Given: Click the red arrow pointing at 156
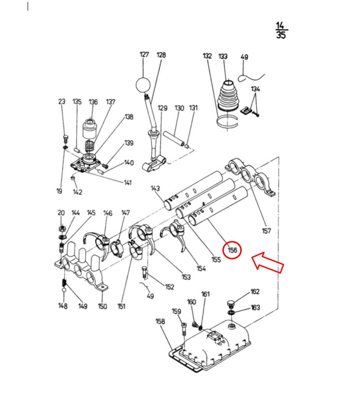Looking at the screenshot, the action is point(268,263).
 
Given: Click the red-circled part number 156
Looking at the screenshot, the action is point(232,250).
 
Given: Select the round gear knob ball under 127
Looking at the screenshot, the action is point(144,85).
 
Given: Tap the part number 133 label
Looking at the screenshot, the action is point(223,56).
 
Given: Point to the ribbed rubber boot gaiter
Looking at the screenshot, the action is point(228,96).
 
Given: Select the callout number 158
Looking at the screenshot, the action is point(160,321).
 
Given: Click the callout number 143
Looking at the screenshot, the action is point(155,188).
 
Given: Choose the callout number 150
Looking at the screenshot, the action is point(102,306).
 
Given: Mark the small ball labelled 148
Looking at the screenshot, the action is point(64,289).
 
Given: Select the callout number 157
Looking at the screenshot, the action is point(266,231).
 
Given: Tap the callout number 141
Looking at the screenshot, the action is point(128,183).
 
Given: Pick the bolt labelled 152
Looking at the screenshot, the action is point(144,272).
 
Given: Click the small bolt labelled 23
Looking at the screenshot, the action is point(66,139).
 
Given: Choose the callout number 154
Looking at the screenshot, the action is point(201,269).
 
